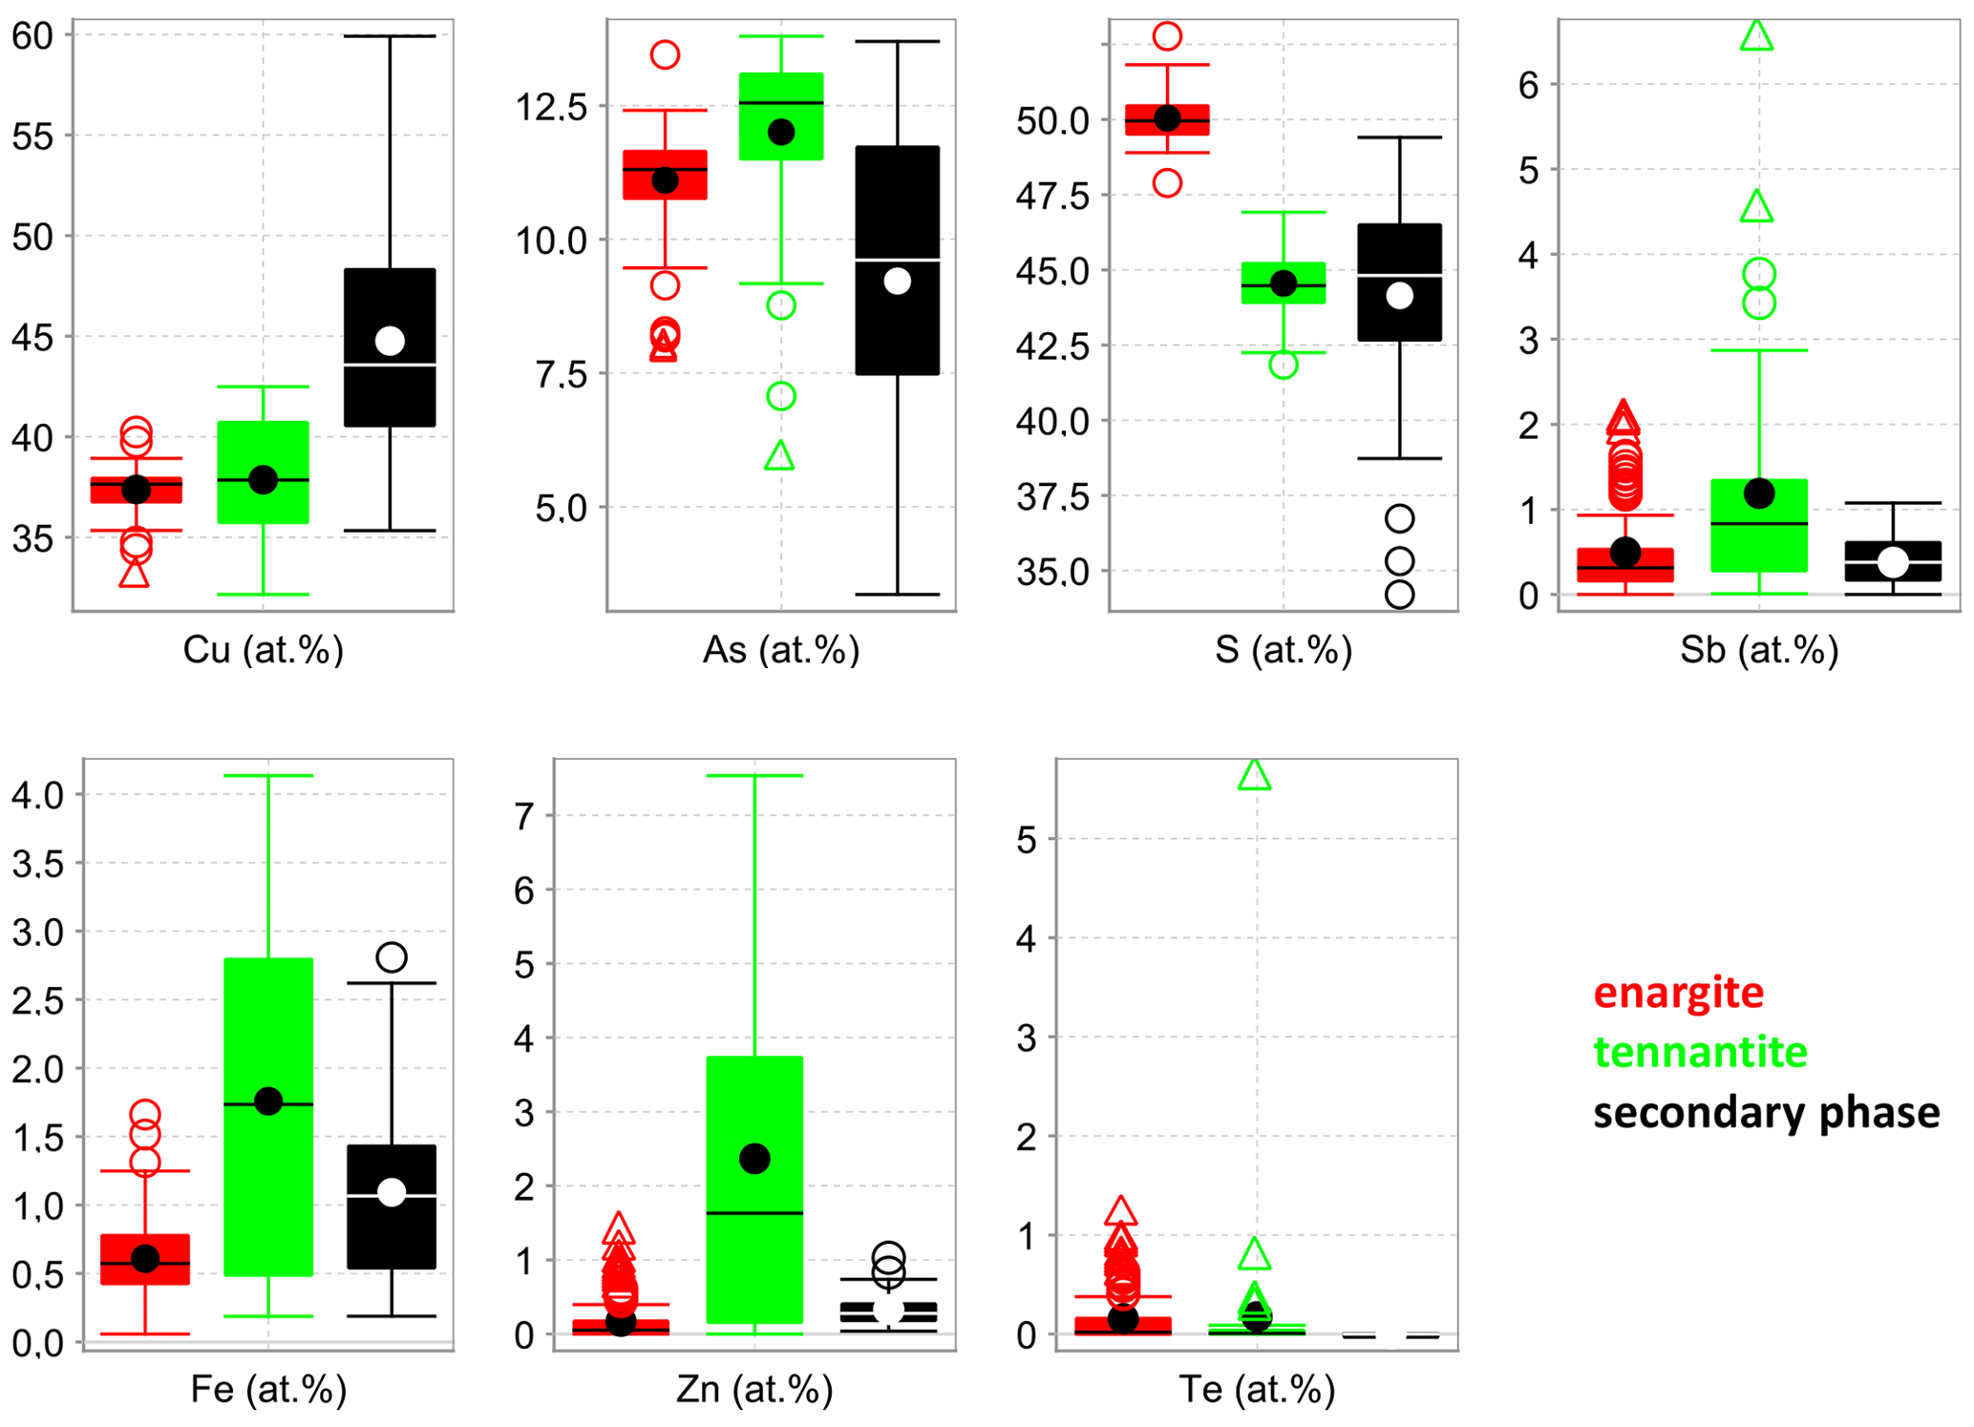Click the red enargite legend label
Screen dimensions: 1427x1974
click(1678, 993)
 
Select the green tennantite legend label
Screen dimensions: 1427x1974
click(1700, 1052)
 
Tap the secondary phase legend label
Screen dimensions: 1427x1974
click(1766, 1113)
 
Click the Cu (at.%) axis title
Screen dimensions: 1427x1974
click(263, 650)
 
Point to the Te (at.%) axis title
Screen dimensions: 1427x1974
click(1256, 1389)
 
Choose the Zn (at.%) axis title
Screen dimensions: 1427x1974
click(754, 1389)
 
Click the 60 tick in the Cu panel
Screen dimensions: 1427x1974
click(32, 36)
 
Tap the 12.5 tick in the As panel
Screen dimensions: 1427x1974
click(551, 107)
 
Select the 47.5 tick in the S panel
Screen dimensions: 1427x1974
click(1051, 196)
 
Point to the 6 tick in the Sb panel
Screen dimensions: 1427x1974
click(1528, 85)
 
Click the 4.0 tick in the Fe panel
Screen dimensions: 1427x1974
click(37, 794)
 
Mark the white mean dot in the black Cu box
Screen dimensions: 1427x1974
click(390, 340)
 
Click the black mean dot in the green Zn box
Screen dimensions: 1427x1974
click(754, 1159)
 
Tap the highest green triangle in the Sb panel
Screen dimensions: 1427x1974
click(1756, 36)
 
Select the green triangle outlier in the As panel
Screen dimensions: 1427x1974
click(779, 456)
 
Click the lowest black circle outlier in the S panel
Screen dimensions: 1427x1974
click(1399, 595)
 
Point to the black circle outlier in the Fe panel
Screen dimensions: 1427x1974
click(392, 956)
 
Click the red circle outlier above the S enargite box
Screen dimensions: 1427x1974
click(1167, 36)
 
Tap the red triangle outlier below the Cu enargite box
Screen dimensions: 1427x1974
click(135, 573)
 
